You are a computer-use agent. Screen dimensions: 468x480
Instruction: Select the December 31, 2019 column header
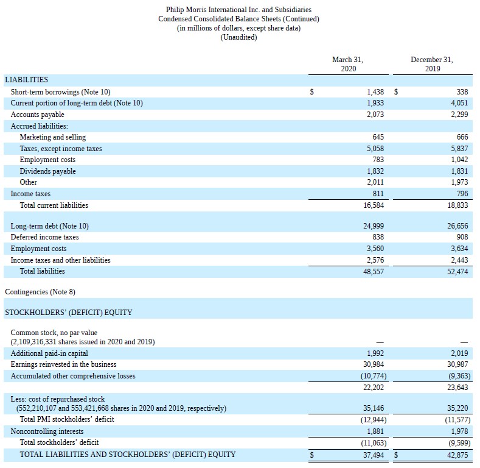(431, 64)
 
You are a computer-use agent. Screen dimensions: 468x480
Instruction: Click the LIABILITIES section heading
(26, 80)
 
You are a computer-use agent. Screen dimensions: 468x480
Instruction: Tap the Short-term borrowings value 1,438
(375, 91)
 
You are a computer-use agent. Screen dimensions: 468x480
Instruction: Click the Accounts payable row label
(37, 115)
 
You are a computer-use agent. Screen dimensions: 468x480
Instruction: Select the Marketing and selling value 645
(378, 137)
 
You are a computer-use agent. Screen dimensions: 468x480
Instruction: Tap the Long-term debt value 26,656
(457, 225)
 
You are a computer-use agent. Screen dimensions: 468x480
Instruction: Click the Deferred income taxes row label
(44, 237)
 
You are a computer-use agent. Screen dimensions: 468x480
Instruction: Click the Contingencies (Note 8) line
(40, 292)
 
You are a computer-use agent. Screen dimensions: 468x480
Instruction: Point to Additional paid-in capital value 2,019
(459, 353)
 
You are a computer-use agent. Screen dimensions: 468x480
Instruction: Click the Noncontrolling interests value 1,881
(375, 431)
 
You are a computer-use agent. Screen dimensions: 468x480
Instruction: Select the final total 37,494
(373, 455)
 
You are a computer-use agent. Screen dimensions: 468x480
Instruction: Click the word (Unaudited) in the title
(238, 38)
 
